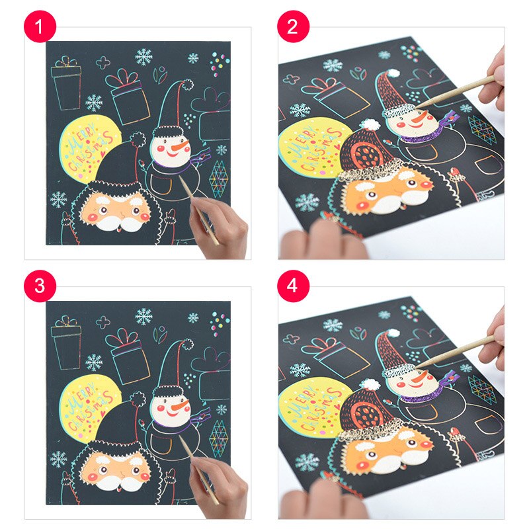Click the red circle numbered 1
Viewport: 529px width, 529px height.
tap(40, 26)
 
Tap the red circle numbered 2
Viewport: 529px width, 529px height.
tap(293, 26)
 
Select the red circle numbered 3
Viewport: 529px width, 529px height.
tap(40, 286)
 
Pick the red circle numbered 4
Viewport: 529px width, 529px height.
tap(293, 286)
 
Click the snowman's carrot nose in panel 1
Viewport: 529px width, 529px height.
tap(180, 146)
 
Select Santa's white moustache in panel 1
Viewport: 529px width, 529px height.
tap(116, 224)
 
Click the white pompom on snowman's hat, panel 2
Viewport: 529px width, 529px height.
tap(392, 73)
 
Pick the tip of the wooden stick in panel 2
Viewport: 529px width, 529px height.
tap(417, 107)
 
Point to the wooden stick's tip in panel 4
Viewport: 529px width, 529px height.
tap(418, 367)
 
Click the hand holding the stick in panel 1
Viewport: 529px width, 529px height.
tap(220, 226)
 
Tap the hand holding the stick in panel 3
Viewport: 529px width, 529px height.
tap(220, 486)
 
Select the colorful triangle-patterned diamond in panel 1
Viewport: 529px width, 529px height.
tap(218, 179)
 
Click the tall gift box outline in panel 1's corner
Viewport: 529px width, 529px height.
tap(66, 84)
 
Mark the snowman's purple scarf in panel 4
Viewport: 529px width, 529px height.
tap(428, 388)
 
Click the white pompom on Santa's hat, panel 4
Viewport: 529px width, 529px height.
tap(370, 384)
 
